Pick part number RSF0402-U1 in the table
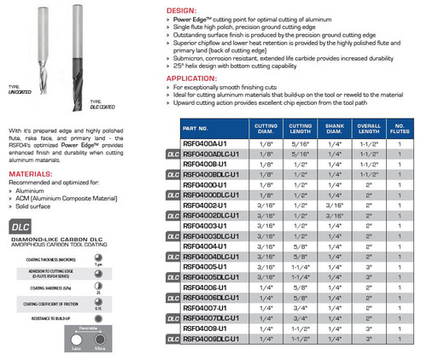(x=202, y=206)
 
